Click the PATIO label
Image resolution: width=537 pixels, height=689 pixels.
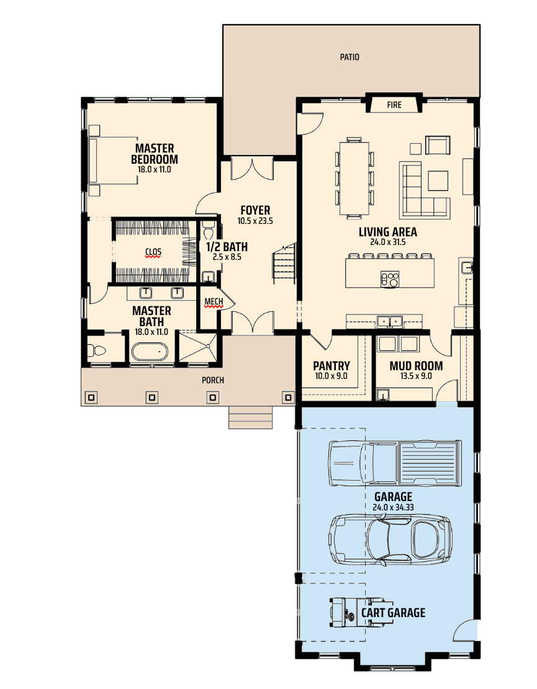pos(350,57)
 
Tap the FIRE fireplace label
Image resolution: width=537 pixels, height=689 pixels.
pos(394,105)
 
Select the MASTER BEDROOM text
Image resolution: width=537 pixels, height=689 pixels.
pos(155,154)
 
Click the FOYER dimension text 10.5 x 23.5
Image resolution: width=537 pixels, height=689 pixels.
pos(255,221)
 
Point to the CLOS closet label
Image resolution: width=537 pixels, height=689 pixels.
pos(153,252)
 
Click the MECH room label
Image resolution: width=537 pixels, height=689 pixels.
pos(214,301)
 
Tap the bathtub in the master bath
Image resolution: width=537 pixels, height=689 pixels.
pos(150,352)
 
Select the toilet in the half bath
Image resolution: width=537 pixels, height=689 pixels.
pos(208,230)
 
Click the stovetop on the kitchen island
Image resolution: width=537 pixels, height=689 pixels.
pos(390,278)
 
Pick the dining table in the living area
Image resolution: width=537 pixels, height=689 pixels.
pos(354,177)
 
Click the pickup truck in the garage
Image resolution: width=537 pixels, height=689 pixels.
pos(395,463)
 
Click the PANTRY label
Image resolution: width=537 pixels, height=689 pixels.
pos(332,366)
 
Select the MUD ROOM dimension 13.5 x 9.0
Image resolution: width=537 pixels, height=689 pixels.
pos(416,376)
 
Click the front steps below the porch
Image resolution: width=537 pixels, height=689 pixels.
pos(250,417)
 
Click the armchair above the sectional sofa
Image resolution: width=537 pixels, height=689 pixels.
pos(438,145)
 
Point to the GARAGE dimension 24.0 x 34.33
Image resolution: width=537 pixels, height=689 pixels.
pos(393,507)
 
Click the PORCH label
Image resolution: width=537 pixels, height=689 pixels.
pos(213,380)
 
